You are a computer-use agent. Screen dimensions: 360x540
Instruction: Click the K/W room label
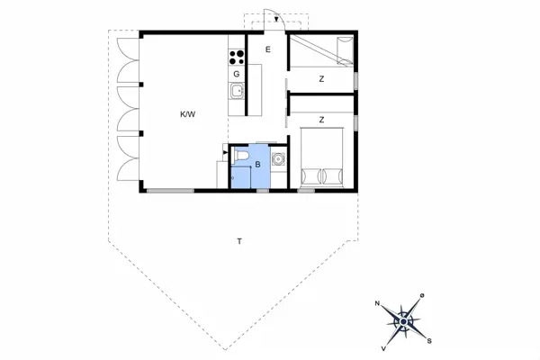pos(187,114)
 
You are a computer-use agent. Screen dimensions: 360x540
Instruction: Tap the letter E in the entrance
pos(268,50)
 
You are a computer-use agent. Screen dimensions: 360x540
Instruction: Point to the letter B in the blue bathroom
pos(257,165)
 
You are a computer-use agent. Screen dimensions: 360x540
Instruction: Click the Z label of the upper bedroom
pos(320,80)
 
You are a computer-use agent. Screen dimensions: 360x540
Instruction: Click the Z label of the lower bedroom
pos(320,119)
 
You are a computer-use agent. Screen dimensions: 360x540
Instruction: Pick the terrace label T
pos(239,241)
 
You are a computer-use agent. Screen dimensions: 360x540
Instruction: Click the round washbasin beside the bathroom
pos(277,160)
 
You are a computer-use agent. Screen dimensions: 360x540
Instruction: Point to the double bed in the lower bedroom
pos(321,158)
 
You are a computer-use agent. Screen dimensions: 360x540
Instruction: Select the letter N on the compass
pos(378,303)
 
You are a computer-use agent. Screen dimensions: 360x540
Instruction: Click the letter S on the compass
pos(429,339)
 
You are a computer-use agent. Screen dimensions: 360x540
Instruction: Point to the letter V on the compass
pos(384,346)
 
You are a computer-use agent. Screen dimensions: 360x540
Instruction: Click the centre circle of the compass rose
pos(404,319)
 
